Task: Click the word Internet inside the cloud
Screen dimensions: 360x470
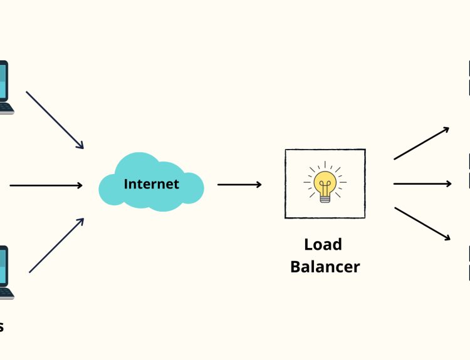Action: tap(151, 184)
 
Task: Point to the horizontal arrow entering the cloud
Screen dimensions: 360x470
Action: tap(46, 185)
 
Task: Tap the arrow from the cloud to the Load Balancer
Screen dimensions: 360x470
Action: tap(239, 185)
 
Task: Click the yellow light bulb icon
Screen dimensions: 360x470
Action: tap(325, 182)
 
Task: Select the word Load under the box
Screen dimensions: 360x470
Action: tap(323, 244)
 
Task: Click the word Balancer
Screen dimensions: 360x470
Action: tap(325, 267)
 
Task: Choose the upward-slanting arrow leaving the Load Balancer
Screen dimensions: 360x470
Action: tap(421, 143)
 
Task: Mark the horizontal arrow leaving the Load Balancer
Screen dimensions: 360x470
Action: tap(422, 183)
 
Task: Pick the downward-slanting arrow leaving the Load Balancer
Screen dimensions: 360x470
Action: tap(422, 224)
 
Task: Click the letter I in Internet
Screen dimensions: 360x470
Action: tap(126, 184)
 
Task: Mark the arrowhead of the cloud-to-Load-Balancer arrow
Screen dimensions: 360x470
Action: tap(258, 185)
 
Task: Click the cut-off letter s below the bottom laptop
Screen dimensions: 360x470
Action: tap(1, 327)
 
